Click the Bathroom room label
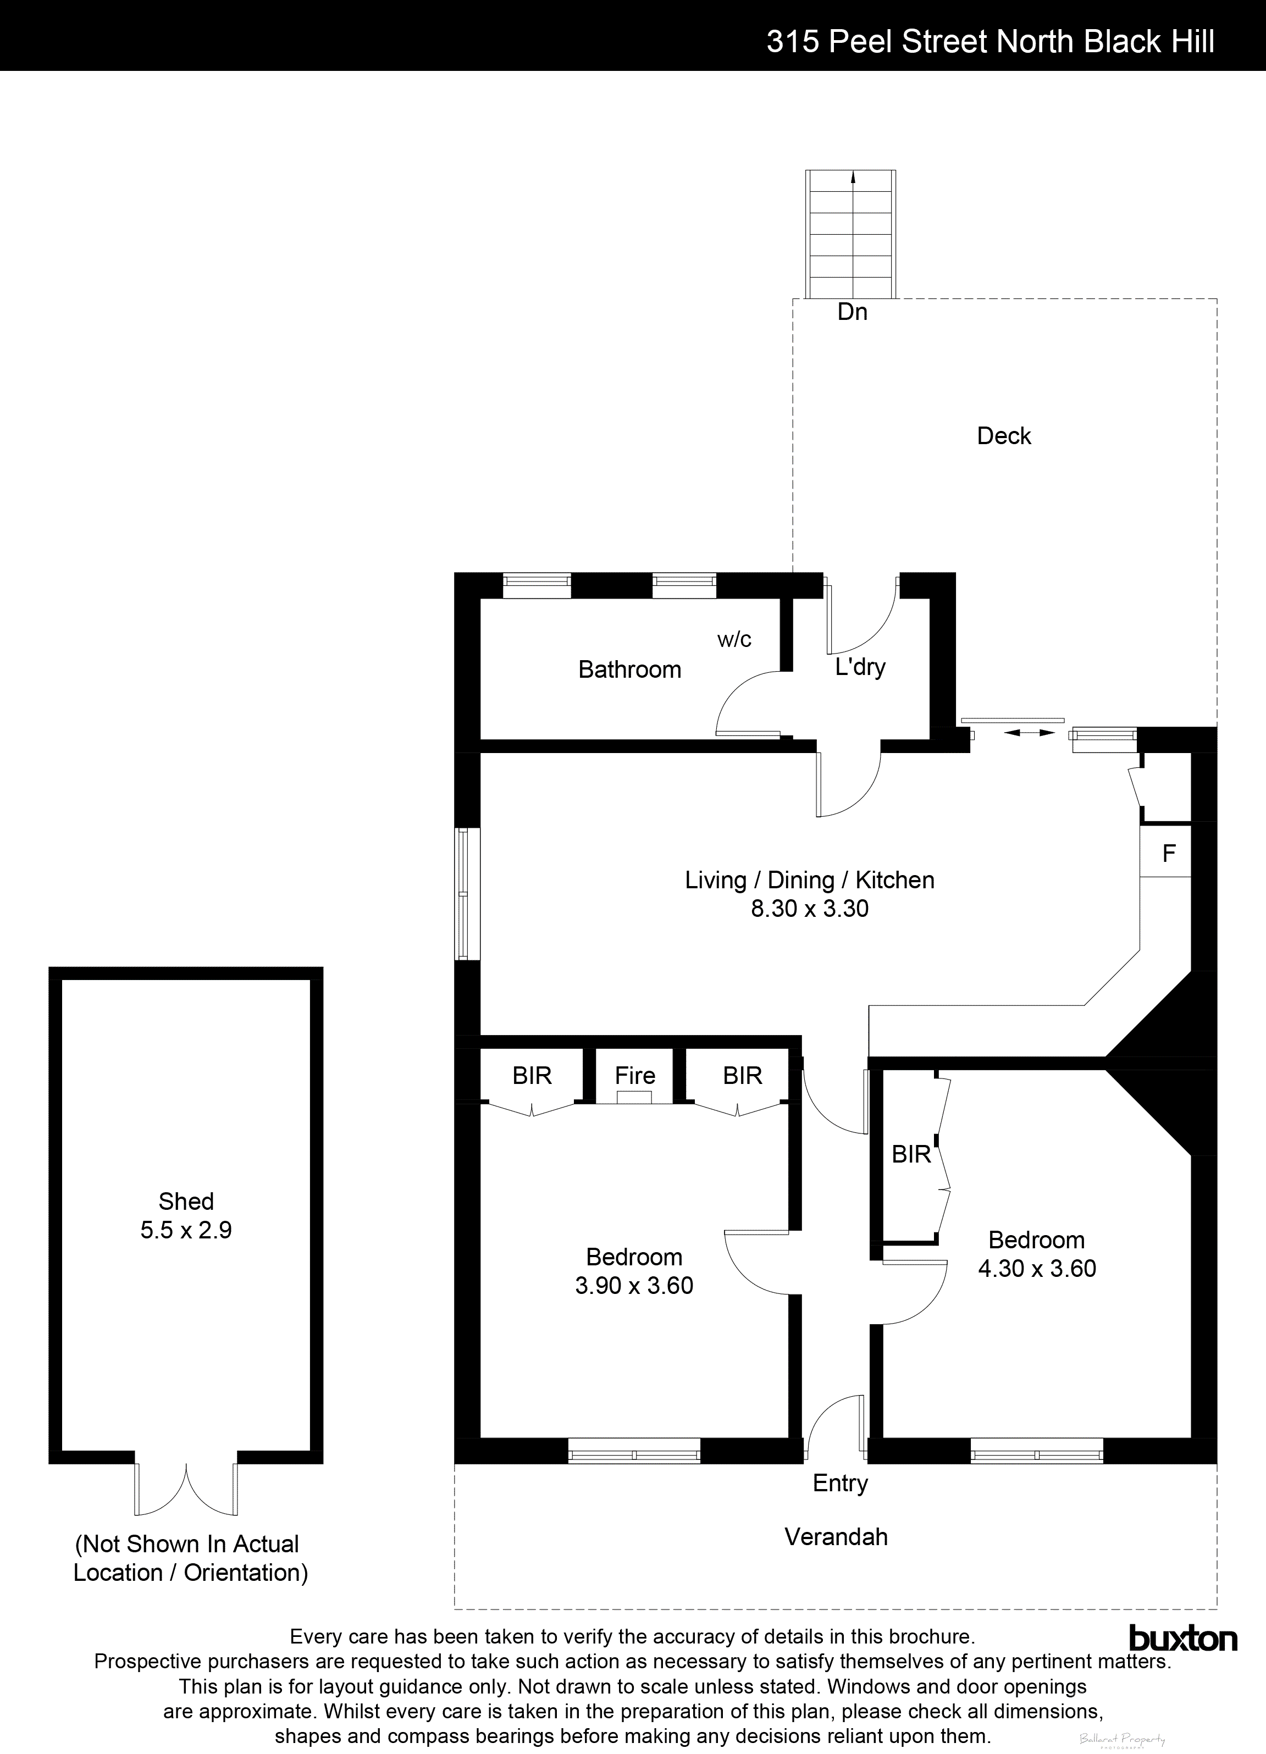(x=629, y=669)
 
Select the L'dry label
(x=860, y=667)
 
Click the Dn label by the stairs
(x=852, y=312)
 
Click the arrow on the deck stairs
(x=853, y=178)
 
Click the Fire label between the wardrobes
(x=634, y=1075)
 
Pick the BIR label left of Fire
(x=532, y=1075)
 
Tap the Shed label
(x=186, y=1201)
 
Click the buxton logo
(x=1182, y=1638)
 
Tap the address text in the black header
(x=990, y=41)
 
